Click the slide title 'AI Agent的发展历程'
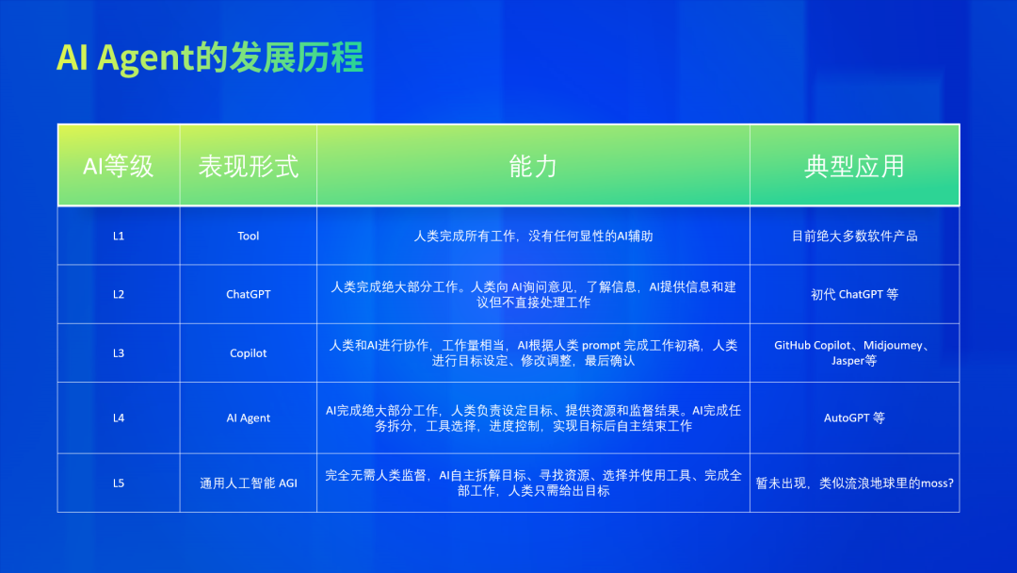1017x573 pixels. pos(209,57)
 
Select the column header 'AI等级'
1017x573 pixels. pos(118,166)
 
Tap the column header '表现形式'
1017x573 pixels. pos(249,166)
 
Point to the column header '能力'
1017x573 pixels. pos(533,166)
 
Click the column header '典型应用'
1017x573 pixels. pos(854,166)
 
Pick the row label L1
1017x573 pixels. pos(118,237)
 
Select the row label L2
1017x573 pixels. pos(118,295)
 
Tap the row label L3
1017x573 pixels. pos(118,353)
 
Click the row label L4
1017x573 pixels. pos(118,417)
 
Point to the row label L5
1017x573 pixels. pos(118,483)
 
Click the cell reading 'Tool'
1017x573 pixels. pos(249,237)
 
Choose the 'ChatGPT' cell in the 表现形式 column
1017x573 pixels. pos(249,295)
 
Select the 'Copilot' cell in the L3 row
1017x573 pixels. pos(249,353)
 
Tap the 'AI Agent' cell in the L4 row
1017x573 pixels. pos(249,417)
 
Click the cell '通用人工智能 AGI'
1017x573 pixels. pos(249,483)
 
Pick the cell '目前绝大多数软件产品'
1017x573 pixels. pos(854,237)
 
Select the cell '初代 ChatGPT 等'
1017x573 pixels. pos(854,295)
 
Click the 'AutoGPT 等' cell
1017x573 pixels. pos(854,417)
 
